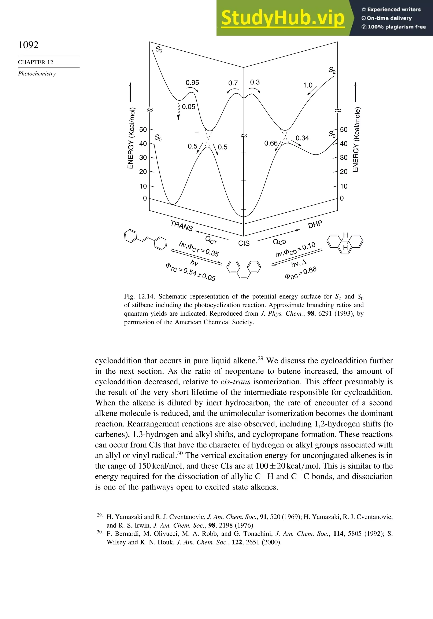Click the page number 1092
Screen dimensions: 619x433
pos(28,45)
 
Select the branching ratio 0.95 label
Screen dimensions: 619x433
pos(192,83)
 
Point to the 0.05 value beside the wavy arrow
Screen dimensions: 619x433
pos(188,107)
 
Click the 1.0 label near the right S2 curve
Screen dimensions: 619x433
pos(307,85)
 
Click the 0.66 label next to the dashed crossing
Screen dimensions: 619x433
pos(271,143)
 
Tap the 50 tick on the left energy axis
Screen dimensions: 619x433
pos(143,130)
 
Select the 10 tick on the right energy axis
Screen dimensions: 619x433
pos(344,186)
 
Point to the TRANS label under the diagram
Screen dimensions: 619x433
pos(182,226)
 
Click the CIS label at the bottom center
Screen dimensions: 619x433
pos(244,243)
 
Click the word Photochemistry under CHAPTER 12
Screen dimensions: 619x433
pos(37,74)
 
